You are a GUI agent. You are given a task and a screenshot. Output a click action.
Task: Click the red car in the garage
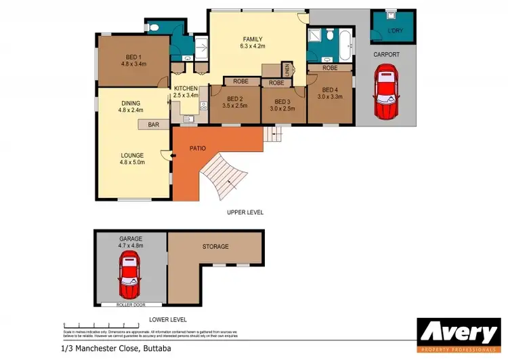pyautogui.click(x=129, y=279)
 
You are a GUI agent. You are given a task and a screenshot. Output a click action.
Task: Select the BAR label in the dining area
pyautogui.click(x=153, y=125)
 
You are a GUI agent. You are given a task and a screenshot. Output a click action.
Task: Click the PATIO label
pyautogui.click(x=197, y=148)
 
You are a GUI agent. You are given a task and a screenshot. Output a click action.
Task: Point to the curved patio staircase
pyautogui.click(x=224, y=176)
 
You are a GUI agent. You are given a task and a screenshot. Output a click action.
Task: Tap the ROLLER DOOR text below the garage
pyautogui.click(x=130, y=305)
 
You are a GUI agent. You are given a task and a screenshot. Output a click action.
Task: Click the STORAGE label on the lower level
pyautogui.click(x=215, y=246)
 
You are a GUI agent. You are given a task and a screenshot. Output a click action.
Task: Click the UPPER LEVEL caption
pyautogui.click(x=245, y=212)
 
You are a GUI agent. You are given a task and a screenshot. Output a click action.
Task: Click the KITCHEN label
pyautogui.click(x=186, y=88)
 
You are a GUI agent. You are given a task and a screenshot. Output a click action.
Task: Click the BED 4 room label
pyautogui.click(x=330, y=89)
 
